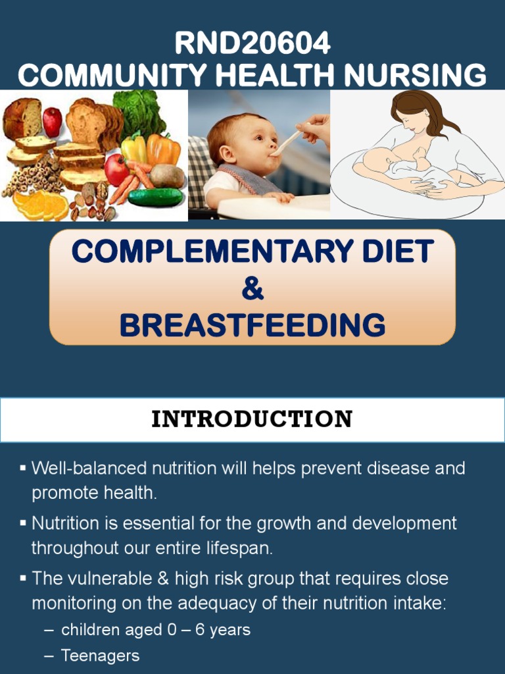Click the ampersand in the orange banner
point(252,289)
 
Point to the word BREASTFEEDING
point(252,325)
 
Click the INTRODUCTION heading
point(252,419)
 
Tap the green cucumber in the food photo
point(155,197)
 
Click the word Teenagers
point(100,656)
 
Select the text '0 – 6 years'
point(208,630)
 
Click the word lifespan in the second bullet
point(235,548)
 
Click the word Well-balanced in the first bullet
point(89,469)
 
